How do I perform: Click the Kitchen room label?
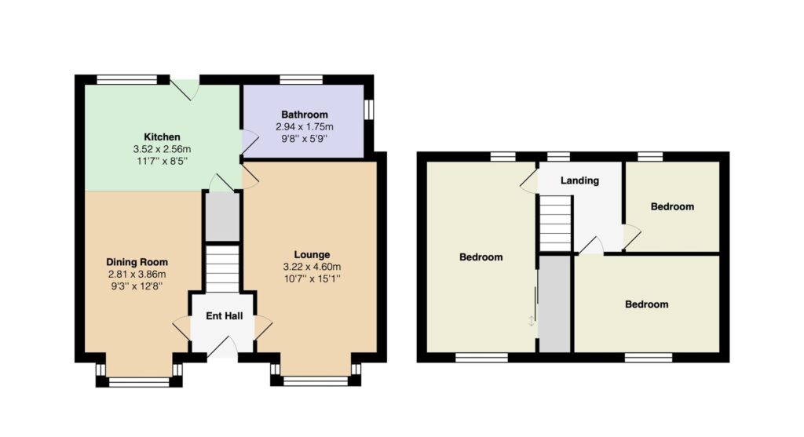[162, 137]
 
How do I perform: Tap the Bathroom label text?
[305, 115]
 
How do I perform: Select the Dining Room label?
[137, 262]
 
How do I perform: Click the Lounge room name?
[312, 255]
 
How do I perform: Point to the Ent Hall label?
[224, 315]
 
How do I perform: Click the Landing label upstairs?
[579, 180]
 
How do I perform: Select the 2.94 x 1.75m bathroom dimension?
[305, 126]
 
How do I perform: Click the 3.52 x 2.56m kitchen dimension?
[162, 149]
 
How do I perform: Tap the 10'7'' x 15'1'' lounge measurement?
[312, 279]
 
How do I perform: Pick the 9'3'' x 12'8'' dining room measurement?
[137, 286]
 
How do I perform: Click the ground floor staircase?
[222, 269]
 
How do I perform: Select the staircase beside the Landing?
[555, 224]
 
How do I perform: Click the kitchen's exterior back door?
[185, 88]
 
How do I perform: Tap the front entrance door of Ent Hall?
[222, 348]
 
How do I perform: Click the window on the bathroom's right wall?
[368, 110]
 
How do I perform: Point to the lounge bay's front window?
[316, 381]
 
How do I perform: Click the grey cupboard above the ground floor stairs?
[222, 216]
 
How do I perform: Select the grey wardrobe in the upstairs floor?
[555, 304]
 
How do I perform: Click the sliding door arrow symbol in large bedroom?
[532, 321]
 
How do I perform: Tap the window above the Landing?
[558, 156]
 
